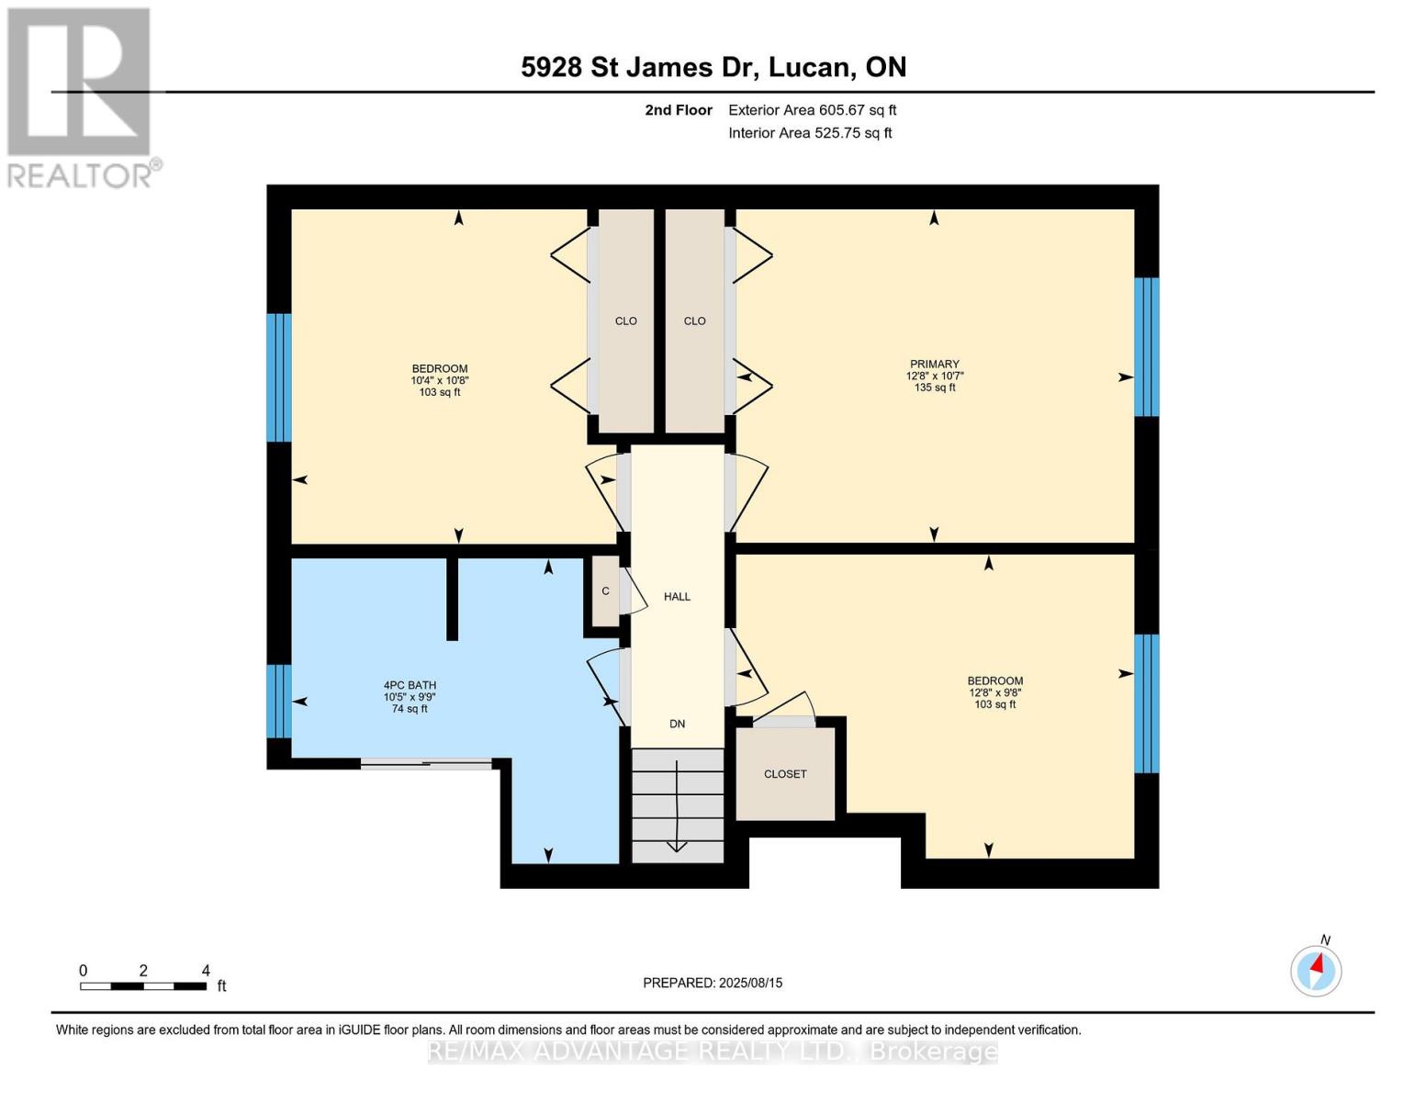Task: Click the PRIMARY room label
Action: (x=934, y=364)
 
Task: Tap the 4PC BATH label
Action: (x=410, y=684)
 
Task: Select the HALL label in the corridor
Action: (x=677, y=597)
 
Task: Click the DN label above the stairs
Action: (x=677, y=724)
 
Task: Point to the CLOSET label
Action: (x=785, y=774)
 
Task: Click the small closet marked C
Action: (x=605, y=590)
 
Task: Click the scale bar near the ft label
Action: (x=143, y=985)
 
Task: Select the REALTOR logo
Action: (x=82, y=98)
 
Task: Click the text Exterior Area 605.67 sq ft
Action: (x=812, y=110)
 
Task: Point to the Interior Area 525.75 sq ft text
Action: (x=810, y=133)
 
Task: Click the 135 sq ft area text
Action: (x=934, y=388)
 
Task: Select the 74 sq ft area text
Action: (x=410, y=708)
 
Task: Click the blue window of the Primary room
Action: (x=1147, y=346)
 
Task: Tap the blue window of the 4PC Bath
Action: (x=279, y=701)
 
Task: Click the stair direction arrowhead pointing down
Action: (x=677, y=847)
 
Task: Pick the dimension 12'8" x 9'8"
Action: (x=994, y=692)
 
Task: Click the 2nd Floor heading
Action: (x=678, y=110)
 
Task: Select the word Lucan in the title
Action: (x=808, y=67)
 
